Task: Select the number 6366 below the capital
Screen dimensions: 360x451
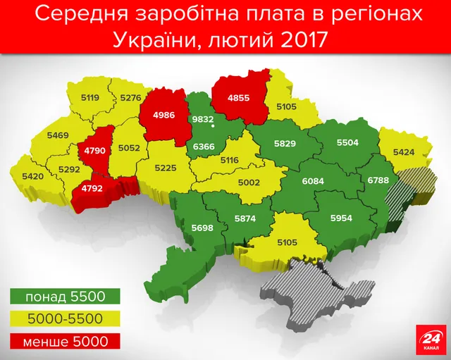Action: pyautogui.click(x=204, y=145)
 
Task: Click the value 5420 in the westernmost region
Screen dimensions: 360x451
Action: pyautogui.click(x=33, y=175)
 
